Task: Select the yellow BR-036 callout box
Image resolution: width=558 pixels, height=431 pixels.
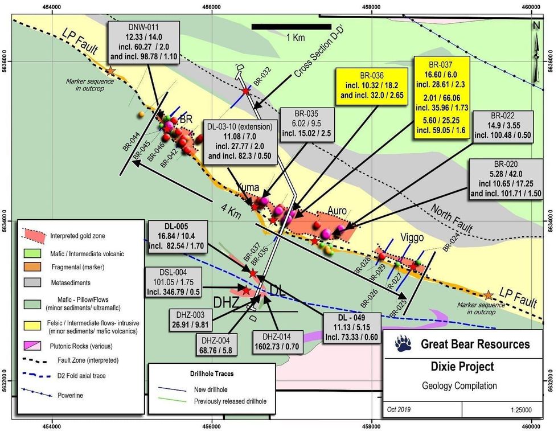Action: tap(371, 85)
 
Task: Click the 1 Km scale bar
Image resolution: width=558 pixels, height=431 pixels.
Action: tap(290, 26)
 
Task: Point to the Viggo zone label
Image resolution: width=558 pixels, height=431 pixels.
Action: tap(412, 237)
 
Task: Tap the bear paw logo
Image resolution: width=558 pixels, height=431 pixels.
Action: tap(405, 343)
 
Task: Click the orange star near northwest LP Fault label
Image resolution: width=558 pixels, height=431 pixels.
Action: tap(110, 71)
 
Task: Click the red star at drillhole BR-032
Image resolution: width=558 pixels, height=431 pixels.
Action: tap(245, 91)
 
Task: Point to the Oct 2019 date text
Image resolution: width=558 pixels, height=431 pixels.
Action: tap(402, 409)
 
